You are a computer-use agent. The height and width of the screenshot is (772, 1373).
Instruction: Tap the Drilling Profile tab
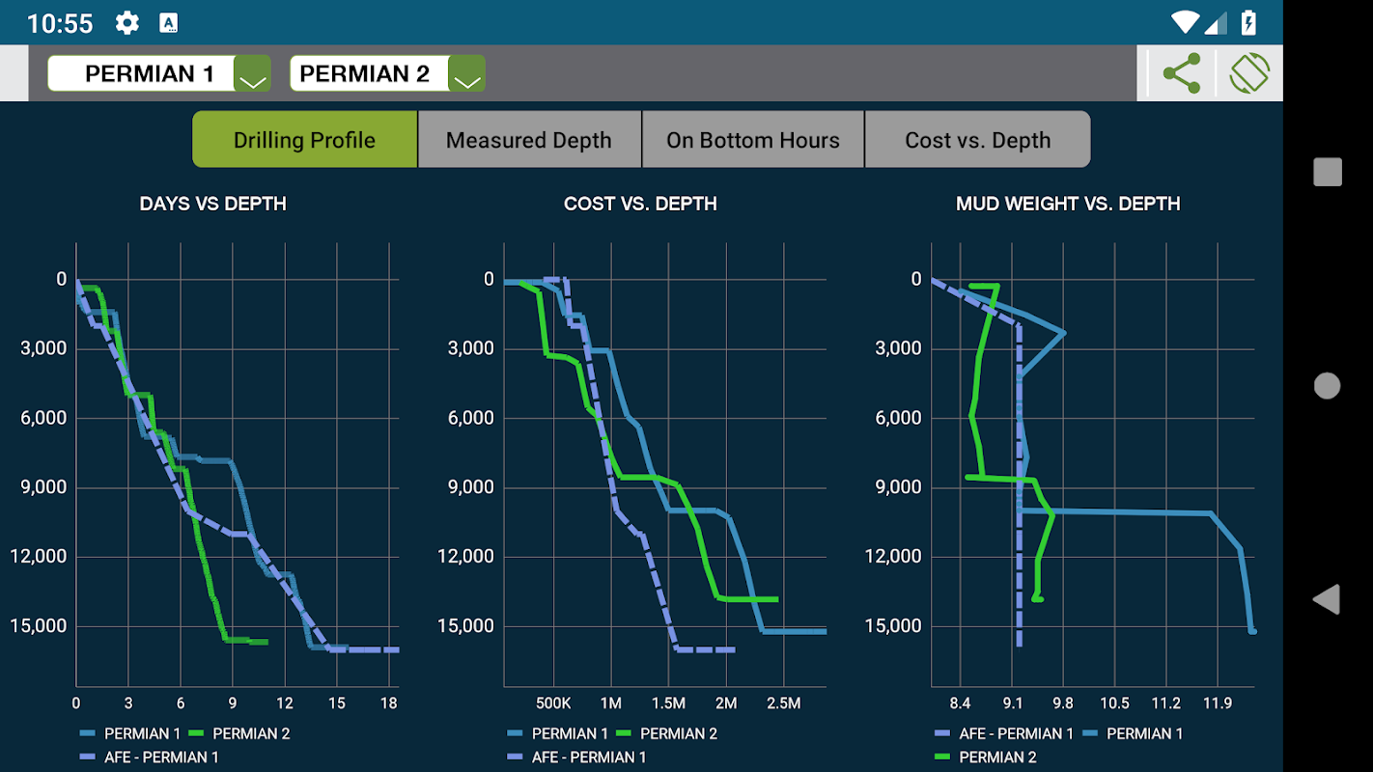[305, 140]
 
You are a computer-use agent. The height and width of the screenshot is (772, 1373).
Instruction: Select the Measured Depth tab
[529, 140]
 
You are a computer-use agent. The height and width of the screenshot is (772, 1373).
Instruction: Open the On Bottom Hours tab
[753, 140]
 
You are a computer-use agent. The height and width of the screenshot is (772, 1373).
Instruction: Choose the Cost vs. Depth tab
[978, 140]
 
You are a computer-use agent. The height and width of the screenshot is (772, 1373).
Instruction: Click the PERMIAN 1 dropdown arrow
[252, 73]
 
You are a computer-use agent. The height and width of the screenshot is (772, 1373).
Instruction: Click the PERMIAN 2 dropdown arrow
[466, 73]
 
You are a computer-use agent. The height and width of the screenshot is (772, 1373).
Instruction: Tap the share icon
[1182, 73]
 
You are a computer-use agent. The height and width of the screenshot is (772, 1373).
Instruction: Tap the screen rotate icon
[1249, 73]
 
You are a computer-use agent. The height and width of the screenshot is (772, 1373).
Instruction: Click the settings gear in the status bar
[126, 23]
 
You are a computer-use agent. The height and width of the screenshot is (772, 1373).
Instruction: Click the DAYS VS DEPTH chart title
[212, 204]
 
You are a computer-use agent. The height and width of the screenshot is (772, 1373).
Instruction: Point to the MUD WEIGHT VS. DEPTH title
[1068, 204]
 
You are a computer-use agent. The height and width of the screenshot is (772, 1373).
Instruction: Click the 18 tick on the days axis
[388, 703]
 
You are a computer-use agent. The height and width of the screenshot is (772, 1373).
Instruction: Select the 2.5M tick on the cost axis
[783, 703]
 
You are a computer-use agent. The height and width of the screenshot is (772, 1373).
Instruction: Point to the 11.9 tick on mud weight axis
[1218, 703]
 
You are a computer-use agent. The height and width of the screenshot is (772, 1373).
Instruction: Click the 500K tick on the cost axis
[553, 703]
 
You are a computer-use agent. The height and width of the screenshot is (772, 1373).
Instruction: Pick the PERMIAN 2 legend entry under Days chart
[239, 733]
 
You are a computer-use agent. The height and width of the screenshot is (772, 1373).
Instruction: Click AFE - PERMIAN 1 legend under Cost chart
[576, 758]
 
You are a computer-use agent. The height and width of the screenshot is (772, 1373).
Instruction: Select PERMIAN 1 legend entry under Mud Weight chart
[1133, 733]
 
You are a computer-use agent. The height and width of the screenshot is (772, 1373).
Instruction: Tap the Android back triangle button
[1327, 598]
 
